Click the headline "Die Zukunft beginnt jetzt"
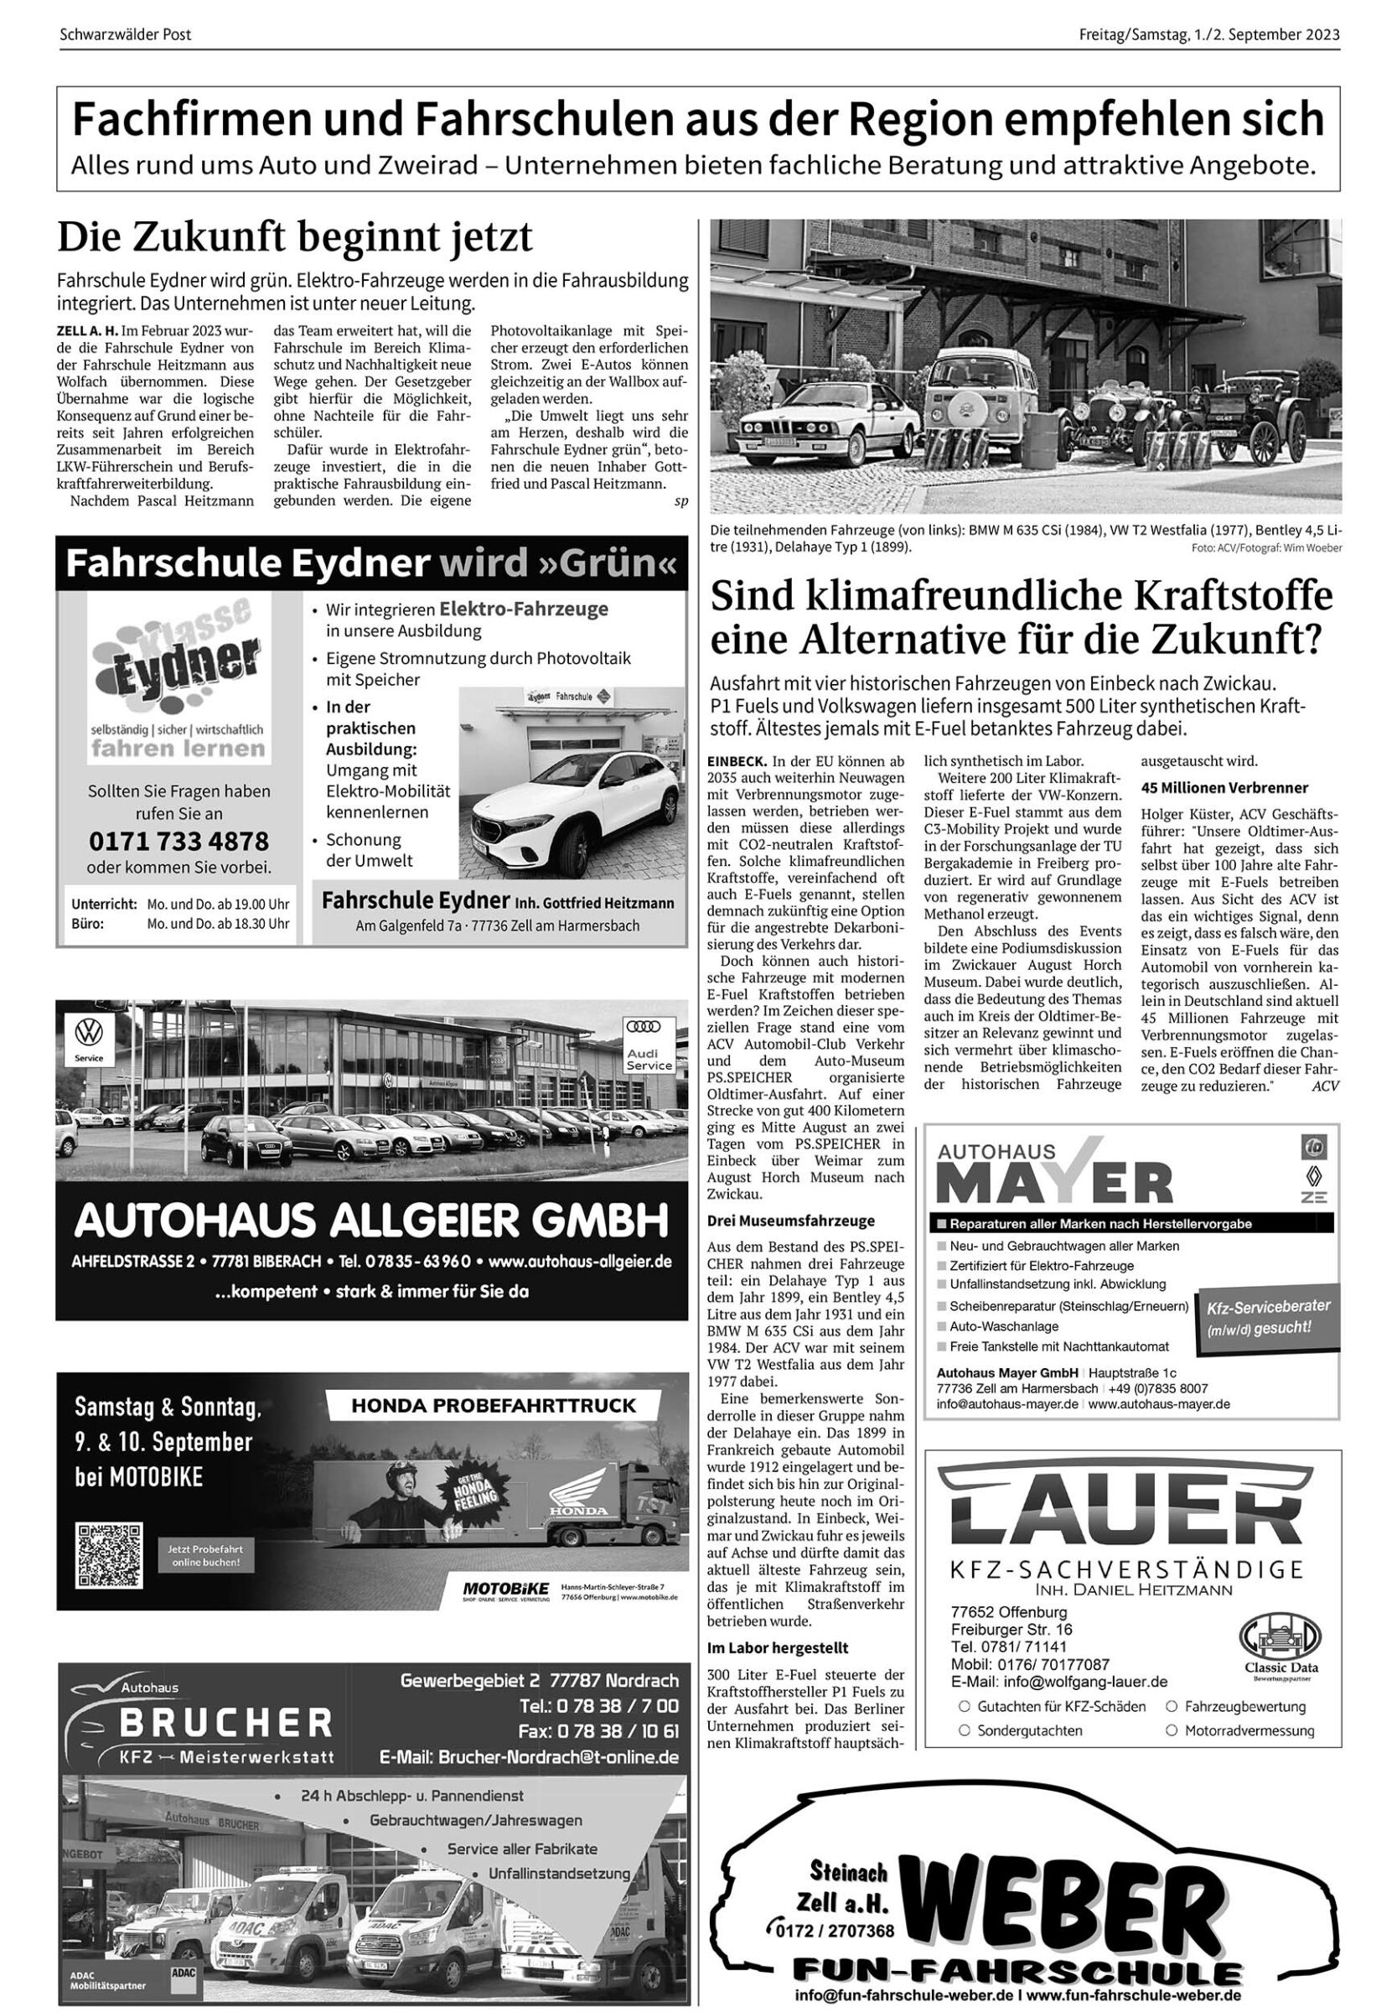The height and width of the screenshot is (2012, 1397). pyautogui.click(x=295, y=238)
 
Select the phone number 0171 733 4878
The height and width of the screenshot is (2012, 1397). pyautogui.click(x=179, y=842)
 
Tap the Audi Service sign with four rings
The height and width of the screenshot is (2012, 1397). pyautogui.click(x=649, y=1045)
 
